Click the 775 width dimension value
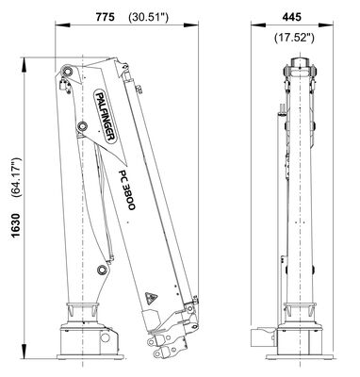(105, 17)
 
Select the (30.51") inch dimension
(149, 17)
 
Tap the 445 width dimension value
(291, 17)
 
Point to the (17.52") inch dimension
(294, 38)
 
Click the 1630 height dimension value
(16, 225)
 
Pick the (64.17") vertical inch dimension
(16, 177)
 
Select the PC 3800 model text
(127, 190)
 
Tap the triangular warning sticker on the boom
(151, 298)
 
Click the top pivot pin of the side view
(67, 71)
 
